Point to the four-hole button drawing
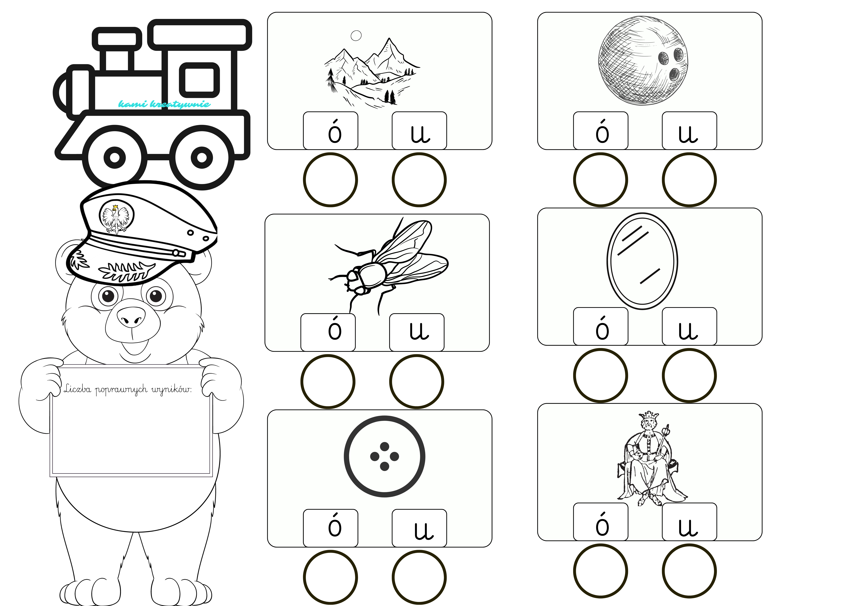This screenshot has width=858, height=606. click(x=385, y=456)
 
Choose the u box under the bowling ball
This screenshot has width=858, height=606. click(x=689, y=130)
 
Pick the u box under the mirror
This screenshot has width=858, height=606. click(x=689, y=326)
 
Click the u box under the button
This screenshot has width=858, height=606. click(x=419, y=528)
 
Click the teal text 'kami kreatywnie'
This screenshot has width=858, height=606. click(x=164, y=104)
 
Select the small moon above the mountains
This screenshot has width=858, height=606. click(x=356, y=36)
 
